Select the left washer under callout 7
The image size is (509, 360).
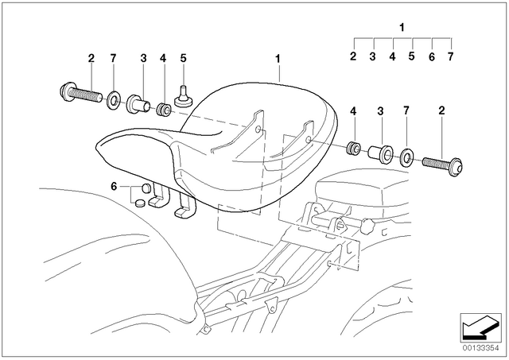pos(113,100)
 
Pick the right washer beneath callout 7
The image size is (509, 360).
pos(406,157)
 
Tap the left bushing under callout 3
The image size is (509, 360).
pos(138,104)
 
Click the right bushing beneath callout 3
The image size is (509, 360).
pos(380,154)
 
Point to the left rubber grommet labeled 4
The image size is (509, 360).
pos(162,109)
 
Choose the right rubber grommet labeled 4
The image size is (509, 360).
pos(353,148)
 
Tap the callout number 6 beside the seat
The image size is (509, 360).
pos(114,187)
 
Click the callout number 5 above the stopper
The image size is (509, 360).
pos(184,58)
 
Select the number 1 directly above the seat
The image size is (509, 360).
pos(278,59)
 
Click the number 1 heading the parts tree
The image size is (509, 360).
pos(402,28)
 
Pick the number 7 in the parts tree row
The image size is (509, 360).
pos(451,56)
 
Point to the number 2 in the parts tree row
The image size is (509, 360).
pos(353,56)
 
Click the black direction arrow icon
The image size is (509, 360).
pos(481,328)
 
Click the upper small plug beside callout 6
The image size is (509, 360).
pos(146,188)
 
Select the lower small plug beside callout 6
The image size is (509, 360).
pos(140,203)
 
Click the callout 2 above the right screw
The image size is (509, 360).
pos(441,110)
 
